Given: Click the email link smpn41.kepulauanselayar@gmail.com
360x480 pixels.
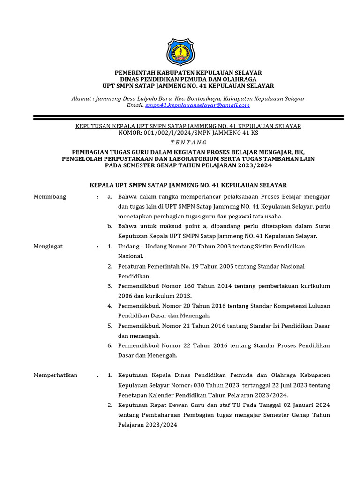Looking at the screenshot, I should point(197,105).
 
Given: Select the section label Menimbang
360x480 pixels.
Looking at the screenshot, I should point(50,197).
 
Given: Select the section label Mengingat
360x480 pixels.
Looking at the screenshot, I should point(48,246).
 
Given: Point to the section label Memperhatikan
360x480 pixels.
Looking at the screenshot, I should point(55,375).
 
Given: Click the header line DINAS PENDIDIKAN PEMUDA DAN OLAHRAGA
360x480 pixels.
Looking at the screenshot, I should point(188,79).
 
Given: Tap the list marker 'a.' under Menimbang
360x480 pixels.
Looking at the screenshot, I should point(109,197).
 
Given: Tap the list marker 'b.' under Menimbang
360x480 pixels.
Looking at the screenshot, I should point(109,226).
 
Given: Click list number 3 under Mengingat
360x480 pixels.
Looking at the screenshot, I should point(109,286).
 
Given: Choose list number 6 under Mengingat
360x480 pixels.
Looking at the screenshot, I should point(109,345).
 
